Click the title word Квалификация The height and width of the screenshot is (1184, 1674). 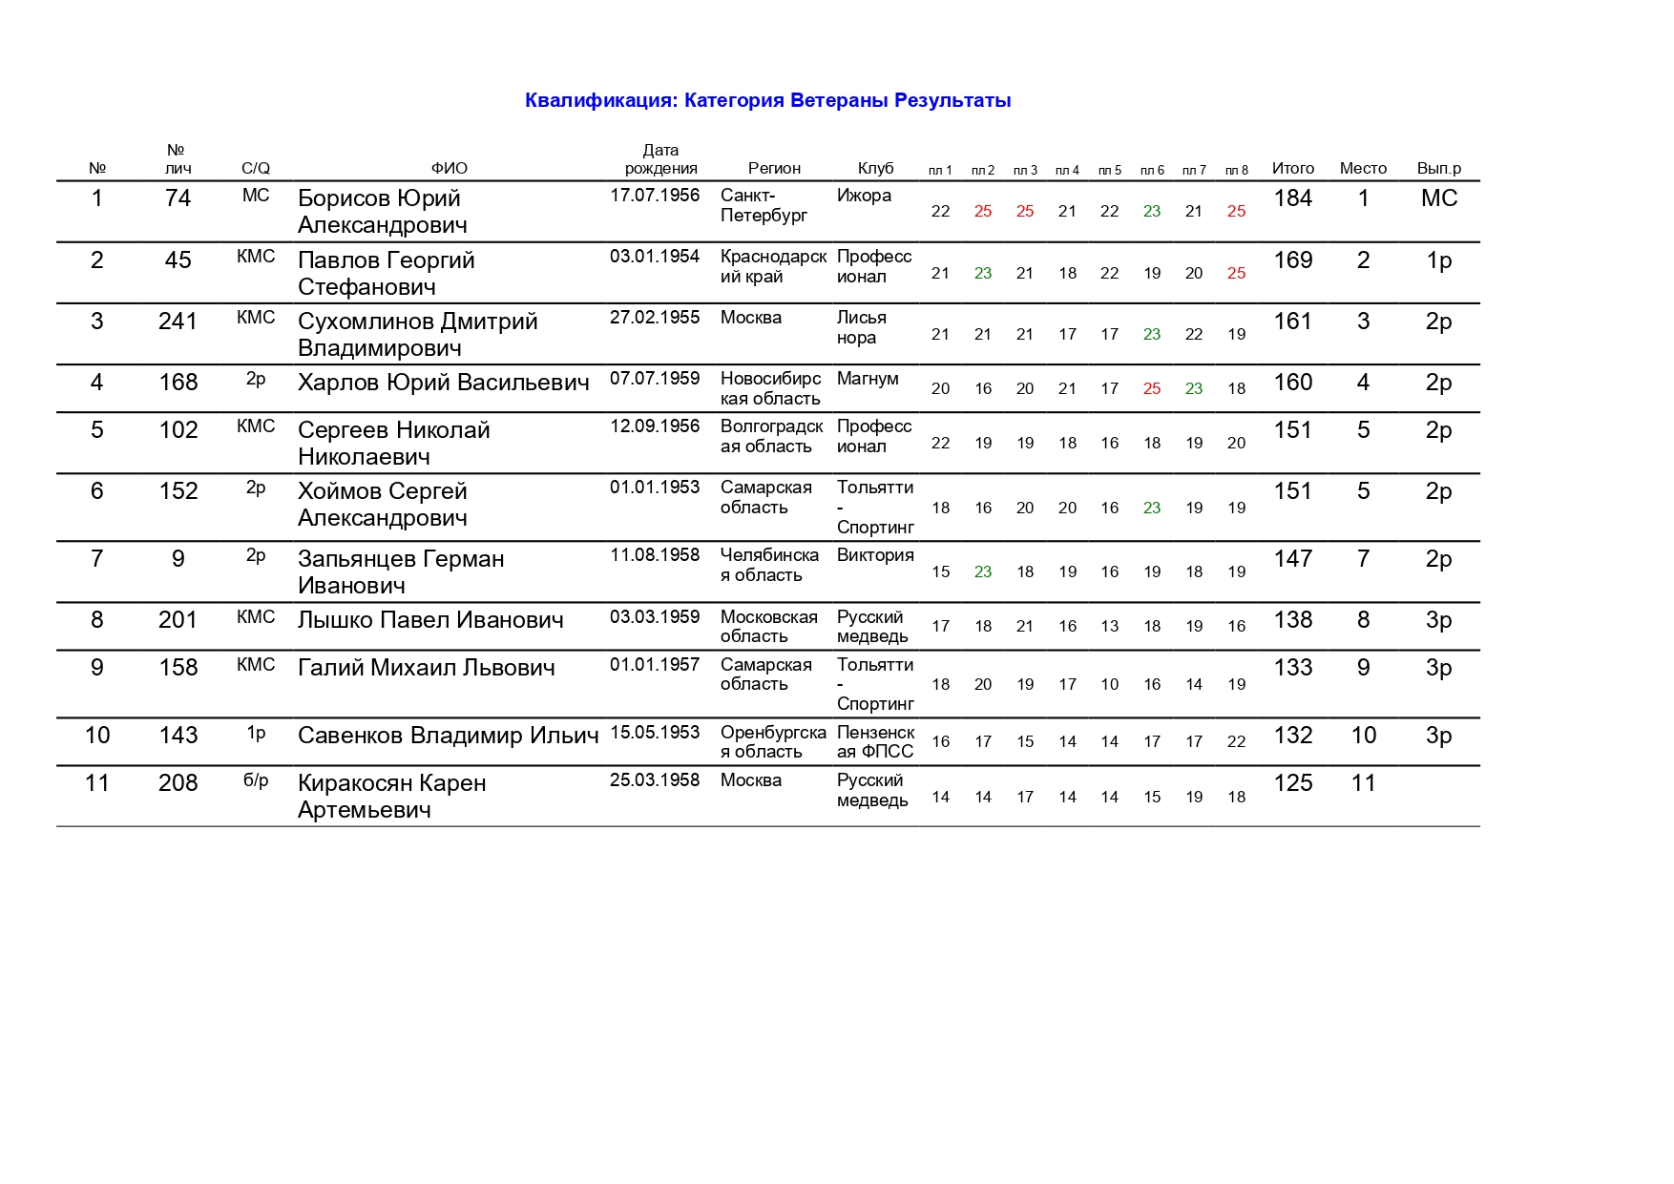(601, 101)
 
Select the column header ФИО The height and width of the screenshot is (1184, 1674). (449, 168)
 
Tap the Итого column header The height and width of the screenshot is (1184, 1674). (1292, 168)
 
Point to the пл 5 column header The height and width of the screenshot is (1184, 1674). (1109, 170)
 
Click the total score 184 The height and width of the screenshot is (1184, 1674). (1292, 198)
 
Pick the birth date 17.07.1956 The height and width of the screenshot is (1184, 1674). (655, 196)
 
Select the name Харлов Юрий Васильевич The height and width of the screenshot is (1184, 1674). (443, 383)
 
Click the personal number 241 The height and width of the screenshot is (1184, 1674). (178, 322)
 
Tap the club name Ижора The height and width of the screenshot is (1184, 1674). (864, 196)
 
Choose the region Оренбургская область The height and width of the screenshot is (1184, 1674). (772, 742)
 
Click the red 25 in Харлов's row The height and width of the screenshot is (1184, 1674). (1152, 389)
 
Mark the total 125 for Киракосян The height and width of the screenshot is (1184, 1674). (1292, 783)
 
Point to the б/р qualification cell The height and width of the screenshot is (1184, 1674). (256, 780)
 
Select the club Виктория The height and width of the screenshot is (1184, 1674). (874, 555)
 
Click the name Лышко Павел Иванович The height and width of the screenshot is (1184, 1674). (430, 620)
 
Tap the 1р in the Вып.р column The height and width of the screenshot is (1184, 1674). (1438, 260)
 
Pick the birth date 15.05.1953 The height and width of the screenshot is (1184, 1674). (655, 733)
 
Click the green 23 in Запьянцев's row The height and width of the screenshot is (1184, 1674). (983, 572)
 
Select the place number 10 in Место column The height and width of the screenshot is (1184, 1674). (1363, 736)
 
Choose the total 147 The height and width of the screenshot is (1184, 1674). (1292, 559)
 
